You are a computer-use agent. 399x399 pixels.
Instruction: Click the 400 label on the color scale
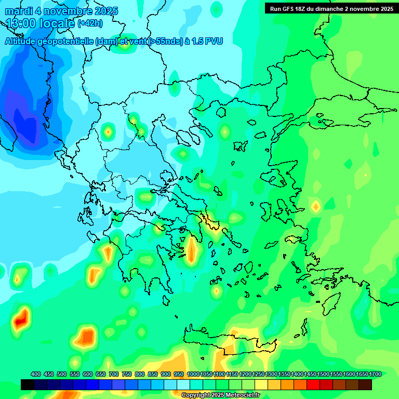(36, 374)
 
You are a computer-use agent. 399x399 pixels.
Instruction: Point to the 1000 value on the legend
(193, 374)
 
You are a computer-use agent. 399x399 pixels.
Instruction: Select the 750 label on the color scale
(127, 374)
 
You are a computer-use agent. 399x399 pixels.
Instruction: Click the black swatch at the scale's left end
(28, 384)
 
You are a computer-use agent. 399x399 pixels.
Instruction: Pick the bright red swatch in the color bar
(313, 384)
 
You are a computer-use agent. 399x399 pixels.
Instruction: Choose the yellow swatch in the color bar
(261, 384)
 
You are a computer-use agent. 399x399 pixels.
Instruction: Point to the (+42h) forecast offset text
(90, 23)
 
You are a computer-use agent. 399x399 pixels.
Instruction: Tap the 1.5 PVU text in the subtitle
(207, 42)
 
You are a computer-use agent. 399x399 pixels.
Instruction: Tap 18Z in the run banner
(302, 9)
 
